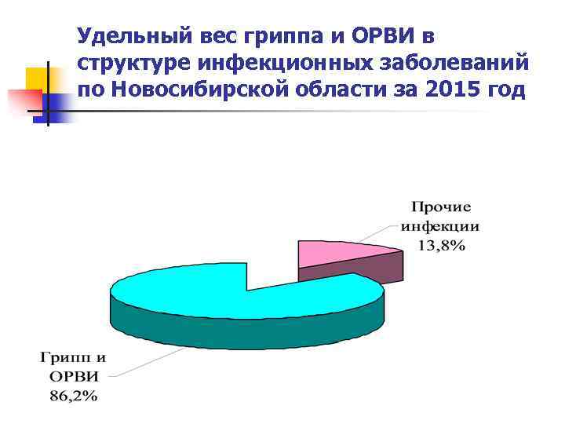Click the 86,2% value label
(x=74, y=397)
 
